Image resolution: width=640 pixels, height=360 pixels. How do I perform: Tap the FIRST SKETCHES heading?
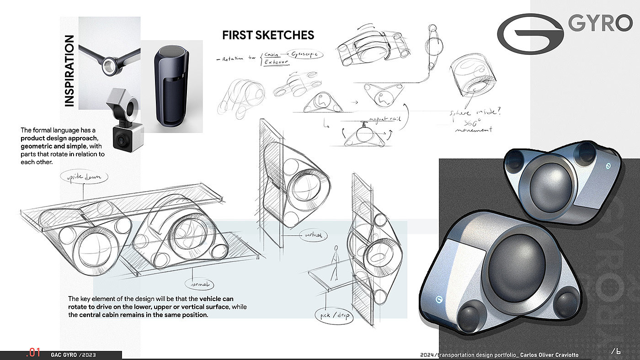pos(268,35)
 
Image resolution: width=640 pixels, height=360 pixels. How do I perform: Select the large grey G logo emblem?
pos(530,31)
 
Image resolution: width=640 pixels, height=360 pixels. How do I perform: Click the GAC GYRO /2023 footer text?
pos(74,355)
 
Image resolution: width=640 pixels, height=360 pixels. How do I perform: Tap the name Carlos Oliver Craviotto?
pos(553,355)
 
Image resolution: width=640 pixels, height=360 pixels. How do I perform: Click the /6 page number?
pos(616,351)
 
